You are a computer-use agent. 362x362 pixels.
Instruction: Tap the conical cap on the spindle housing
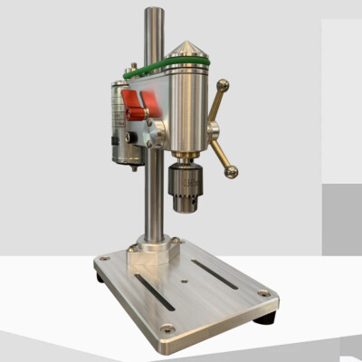tap(186, 48)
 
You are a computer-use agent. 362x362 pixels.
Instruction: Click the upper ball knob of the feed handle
tap(222, 87)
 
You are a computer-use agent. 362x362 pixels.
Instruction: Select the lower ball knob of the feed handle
tap(232, 171)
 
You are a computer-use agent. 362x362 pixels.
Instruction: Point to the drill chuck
tap(187, 187)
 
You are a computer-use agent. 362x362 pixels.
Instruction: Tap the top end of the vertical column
tap(155, 14)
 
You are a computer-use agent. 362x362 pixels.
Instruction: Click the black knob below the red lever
tap(132, 138)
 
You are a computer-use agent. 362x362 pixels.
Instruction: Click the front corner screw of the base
tap(167, 328)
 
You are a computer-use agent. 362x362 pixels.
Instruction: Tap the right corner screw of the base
tap(262, 293)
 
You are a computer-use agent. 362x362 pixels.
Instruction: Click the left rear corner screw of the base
tap(105, 258)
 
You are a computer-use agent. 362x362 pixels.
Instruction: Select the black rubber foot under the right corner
tap(266, 319)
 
